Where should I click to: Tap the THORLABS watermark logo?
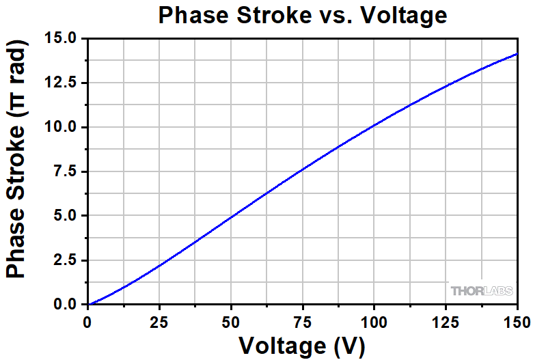481,291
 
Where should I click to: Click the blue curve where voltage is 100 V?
374,126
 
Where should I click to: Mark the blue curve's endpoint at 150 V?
517,53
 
